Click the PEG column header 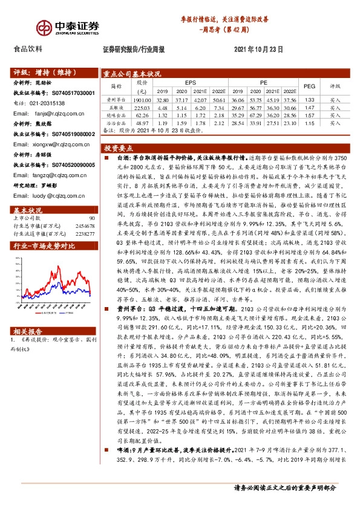[309, 86]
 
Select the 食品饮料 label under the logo [28, 49]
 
